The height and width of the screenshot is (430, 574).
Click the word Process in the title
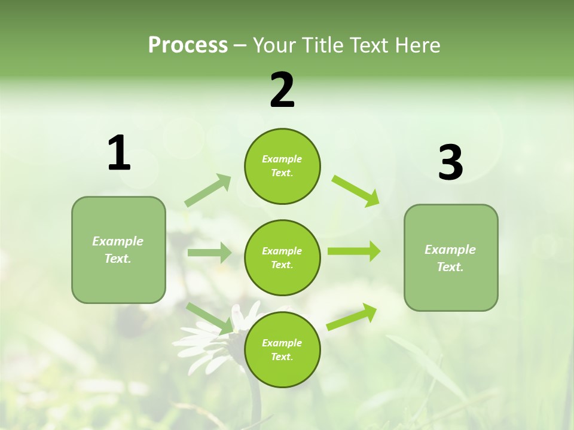coord(188,45)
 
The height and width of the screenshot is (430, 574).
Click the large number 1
coord(119,153)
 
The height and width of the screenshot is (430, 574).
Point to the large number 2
coord(282,90)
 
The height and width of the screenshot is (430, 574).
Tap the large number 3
coord(450,163)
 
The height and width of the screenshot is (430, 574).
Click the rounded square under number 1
coord(118,250)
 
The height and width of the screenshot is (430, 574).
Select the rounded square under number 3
coord(451,258)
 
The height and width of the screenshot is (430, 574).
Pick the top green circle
coord(282,166)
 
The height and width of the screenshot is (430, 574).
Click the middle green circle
coord(282,257)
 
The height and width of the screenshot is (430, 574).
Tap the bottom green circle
coord(282,349)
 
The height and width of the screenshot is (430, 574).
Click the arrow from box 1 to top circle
coord(207,191)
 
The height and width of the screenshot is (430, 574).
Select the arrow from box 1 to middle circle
coord(209,253)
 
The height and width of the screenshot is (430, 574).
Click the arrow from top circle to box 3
coord(355,191)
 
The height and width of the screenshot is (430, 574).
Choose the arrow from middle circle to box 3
coord(353,251)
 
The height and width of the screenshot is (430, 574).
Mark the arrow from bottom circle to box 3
coord(352,317)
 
